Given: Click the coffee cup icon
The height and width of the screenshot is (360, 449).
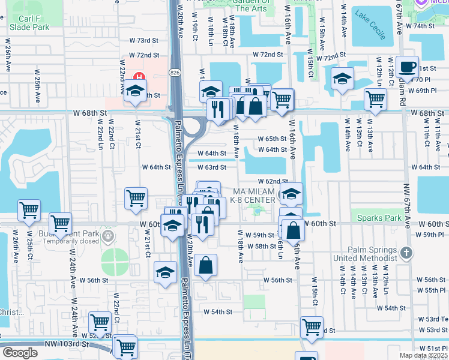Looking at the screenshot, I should (408, 67).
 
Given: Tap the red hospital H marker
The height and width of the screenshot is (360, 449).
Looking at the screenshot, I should (139, 77).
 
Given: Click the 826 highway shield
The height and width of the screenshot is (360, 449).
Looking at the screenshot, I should (174, 73).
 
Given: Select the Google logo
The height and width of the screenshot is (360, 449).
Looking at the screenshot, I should (20, 353).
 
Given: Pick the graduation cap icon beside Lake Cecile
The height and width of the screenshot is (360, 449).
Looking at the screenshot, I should (342, 79).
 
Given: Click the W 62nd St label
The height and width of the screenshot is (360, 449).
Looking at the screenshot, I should (273, 181).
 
